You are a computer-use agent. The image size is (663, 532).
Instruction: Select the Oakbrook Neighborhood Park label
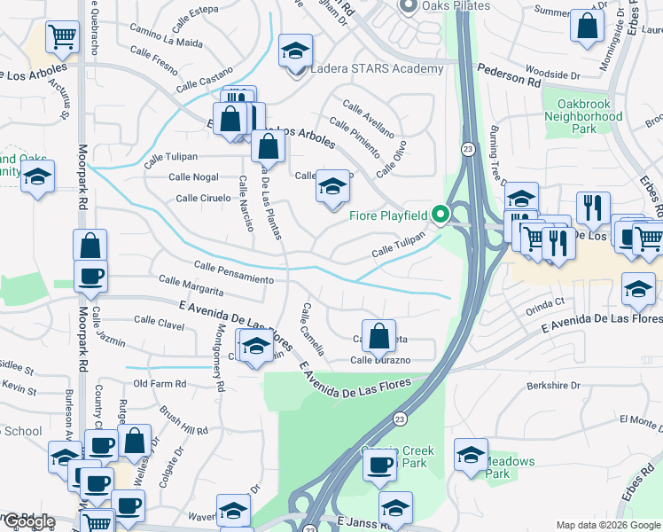point(582,116)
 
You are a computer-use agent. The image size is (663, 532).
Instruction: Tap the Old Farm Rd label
point(160,384)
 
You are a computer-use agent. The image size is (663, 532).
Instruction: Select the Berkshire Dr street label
point(552,386)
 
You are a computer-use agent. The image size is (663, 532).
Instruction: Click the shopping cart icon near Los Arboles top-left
point(62,37)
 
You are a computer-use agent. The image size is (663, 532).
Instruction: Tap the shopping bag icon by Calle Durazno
point(378,335)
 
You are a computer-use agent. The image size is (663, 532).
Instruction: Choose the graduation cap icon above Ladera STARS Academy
point(296,51)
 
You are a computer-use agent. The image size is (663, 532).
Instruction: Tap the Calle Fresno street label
point(153,66)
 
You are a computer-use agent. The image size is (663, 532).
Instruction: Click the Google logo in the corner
point(28,522)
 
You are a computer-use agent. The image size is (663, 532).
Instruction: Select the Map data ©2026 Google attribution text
point(607,525)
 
